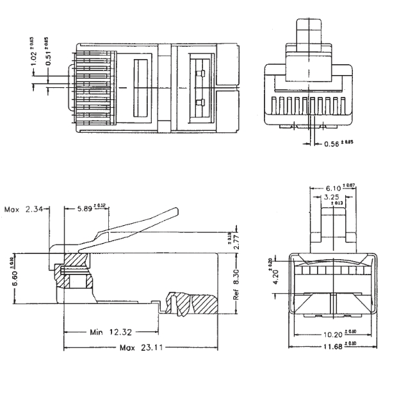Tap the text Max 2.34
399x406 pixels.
pos(24,209)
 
